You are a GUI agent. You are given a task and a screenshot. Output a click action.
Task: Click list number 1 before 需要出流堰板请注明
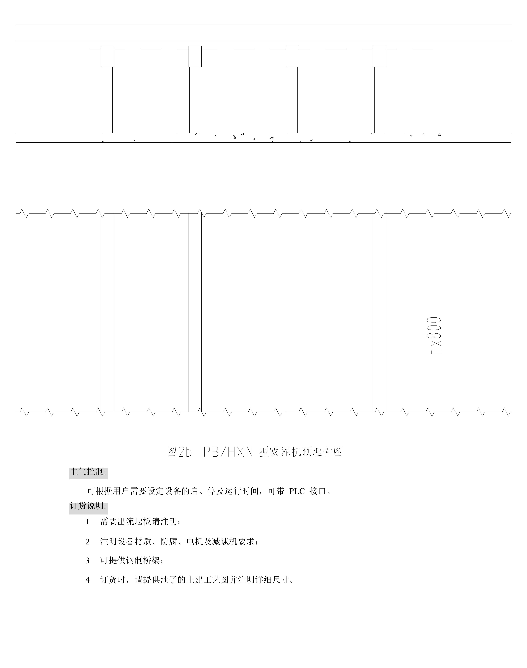(x=88, y=522)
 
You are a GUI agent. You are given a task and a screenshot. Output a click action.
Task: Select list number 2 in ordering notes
(x=88, y=542)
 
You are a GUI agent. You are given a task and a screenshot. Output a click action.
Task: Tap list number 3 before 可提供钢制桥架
(x=88, y=560)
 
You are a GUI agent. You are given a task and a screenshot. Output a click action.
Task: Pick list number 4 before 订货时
(x=88, y=580)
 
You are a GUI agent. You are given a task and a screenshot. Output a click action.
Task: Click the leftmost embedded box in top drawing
(x=108, y=57)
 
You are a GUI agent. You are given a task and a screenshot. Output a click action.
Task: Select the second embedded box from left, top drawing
(x=195, y=57)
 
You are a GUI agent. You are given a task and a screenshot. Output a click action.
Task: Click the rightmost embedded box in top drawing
(x=379, y=57)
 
